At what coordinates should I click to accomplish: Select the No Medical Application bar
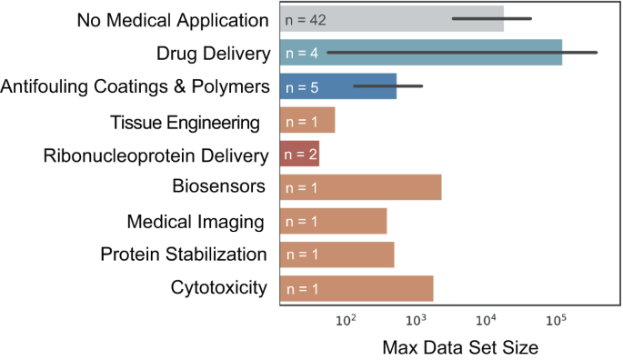[391, 19]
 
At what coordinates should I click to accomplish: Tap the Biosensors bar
[360, 188]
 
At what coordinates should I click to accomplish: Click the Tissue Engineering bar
[307, 121]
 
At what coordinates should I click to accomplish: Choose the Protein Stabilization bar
[337, 255]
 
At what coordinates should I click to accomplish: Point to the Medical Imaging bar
[333, 222]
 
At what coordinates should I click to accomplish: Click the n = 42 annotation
[306, 19]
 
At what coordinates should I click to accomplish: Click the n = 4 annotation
[301, 54]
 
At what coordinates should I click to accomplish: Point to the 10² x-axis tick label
[346, 320]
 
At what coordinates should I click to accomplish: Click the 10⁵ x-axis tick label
[556, 320]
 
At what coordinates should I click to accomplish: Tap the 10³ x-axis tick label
[416, 320]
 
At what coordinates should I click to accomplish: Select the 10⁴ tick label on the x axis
[486, 320]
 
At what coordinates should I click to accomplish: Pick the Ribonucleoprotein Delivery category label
[156, 155]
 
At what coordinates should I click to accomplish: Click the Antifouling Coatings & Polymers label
[136, 87]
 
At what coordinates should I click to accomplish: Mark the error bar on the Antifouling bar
[387, 86]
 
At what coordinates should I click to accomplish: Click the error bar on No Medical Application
[491, 18]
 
